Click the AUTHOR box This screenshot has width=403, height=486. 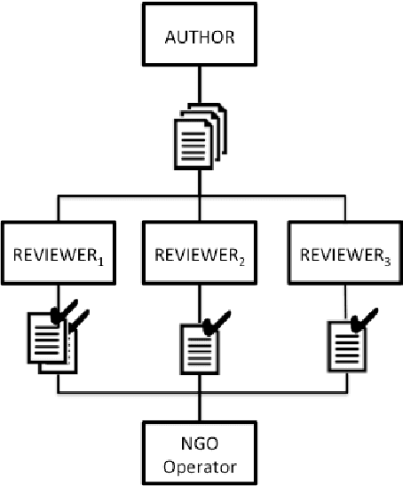tap(200, 39)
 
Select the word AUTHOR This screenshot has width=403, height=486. tap(200, 40)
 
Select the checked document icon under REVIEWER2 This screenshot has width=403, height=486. tap(200, 341)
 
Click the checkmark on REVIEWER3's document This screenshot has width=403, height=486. tap(362, 317)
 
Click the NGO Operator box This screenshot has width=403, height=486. tap(200, 451)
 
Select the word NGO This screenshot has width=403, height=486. tap(200, 442)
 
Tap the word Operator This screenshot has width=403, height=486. tap(200, 462)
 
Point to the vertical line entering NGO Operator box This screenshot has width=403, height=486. tap(200, 408)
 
